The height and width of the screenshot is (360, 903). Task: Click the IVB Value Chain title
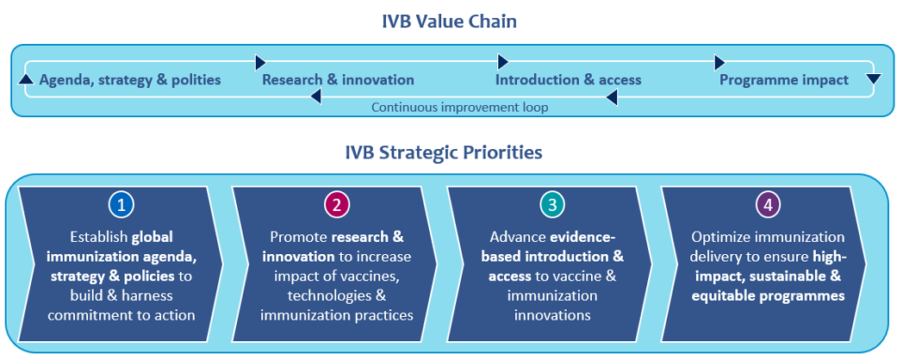click(x=449, y=21)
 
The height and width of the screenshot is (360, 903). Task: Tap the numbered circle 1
click(x=122, y=205)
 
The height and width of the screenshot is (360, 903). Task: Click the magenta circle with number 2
click(x=336, y=205)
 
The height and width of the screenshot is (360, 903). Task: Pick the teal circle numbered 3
click(x=551, y=205)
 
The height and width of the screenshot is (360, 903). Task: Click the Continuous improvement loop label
click(x=459, y=108)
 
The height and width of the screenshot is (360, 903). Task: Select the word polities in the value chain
click(x=194, y=80)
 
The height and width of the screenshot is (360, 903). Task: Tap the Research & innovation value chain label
click(x=338, y=80)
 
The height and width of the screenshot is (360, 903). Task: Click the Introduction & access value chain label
click(x=568, y=80)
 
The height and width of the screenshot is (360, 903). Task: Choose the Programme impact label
click(x=783, y=80)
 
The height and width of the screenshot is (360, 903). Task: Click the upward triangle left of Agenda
click(x=25, y=80)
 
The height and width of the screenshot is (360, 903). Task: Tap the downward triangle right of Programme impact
click(x=873, y=80)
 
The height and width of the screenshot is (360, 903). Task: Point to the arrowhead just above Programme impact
click(x=720, y=63)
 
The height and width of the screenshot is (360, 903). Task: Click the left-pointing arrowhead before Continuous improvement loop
click(x=315, y=98)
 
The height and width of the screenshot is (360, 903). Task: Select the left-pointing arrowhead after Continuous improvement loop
click(x=611, y=98)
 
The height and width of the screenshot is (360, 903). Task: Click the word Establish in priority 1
click(x=99, y=237)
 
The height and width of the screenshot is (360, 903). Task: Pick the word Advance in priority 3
click(x=516, y=237)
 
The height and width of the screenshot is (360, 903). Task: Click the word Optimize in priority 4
click(x=722, y=237)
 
